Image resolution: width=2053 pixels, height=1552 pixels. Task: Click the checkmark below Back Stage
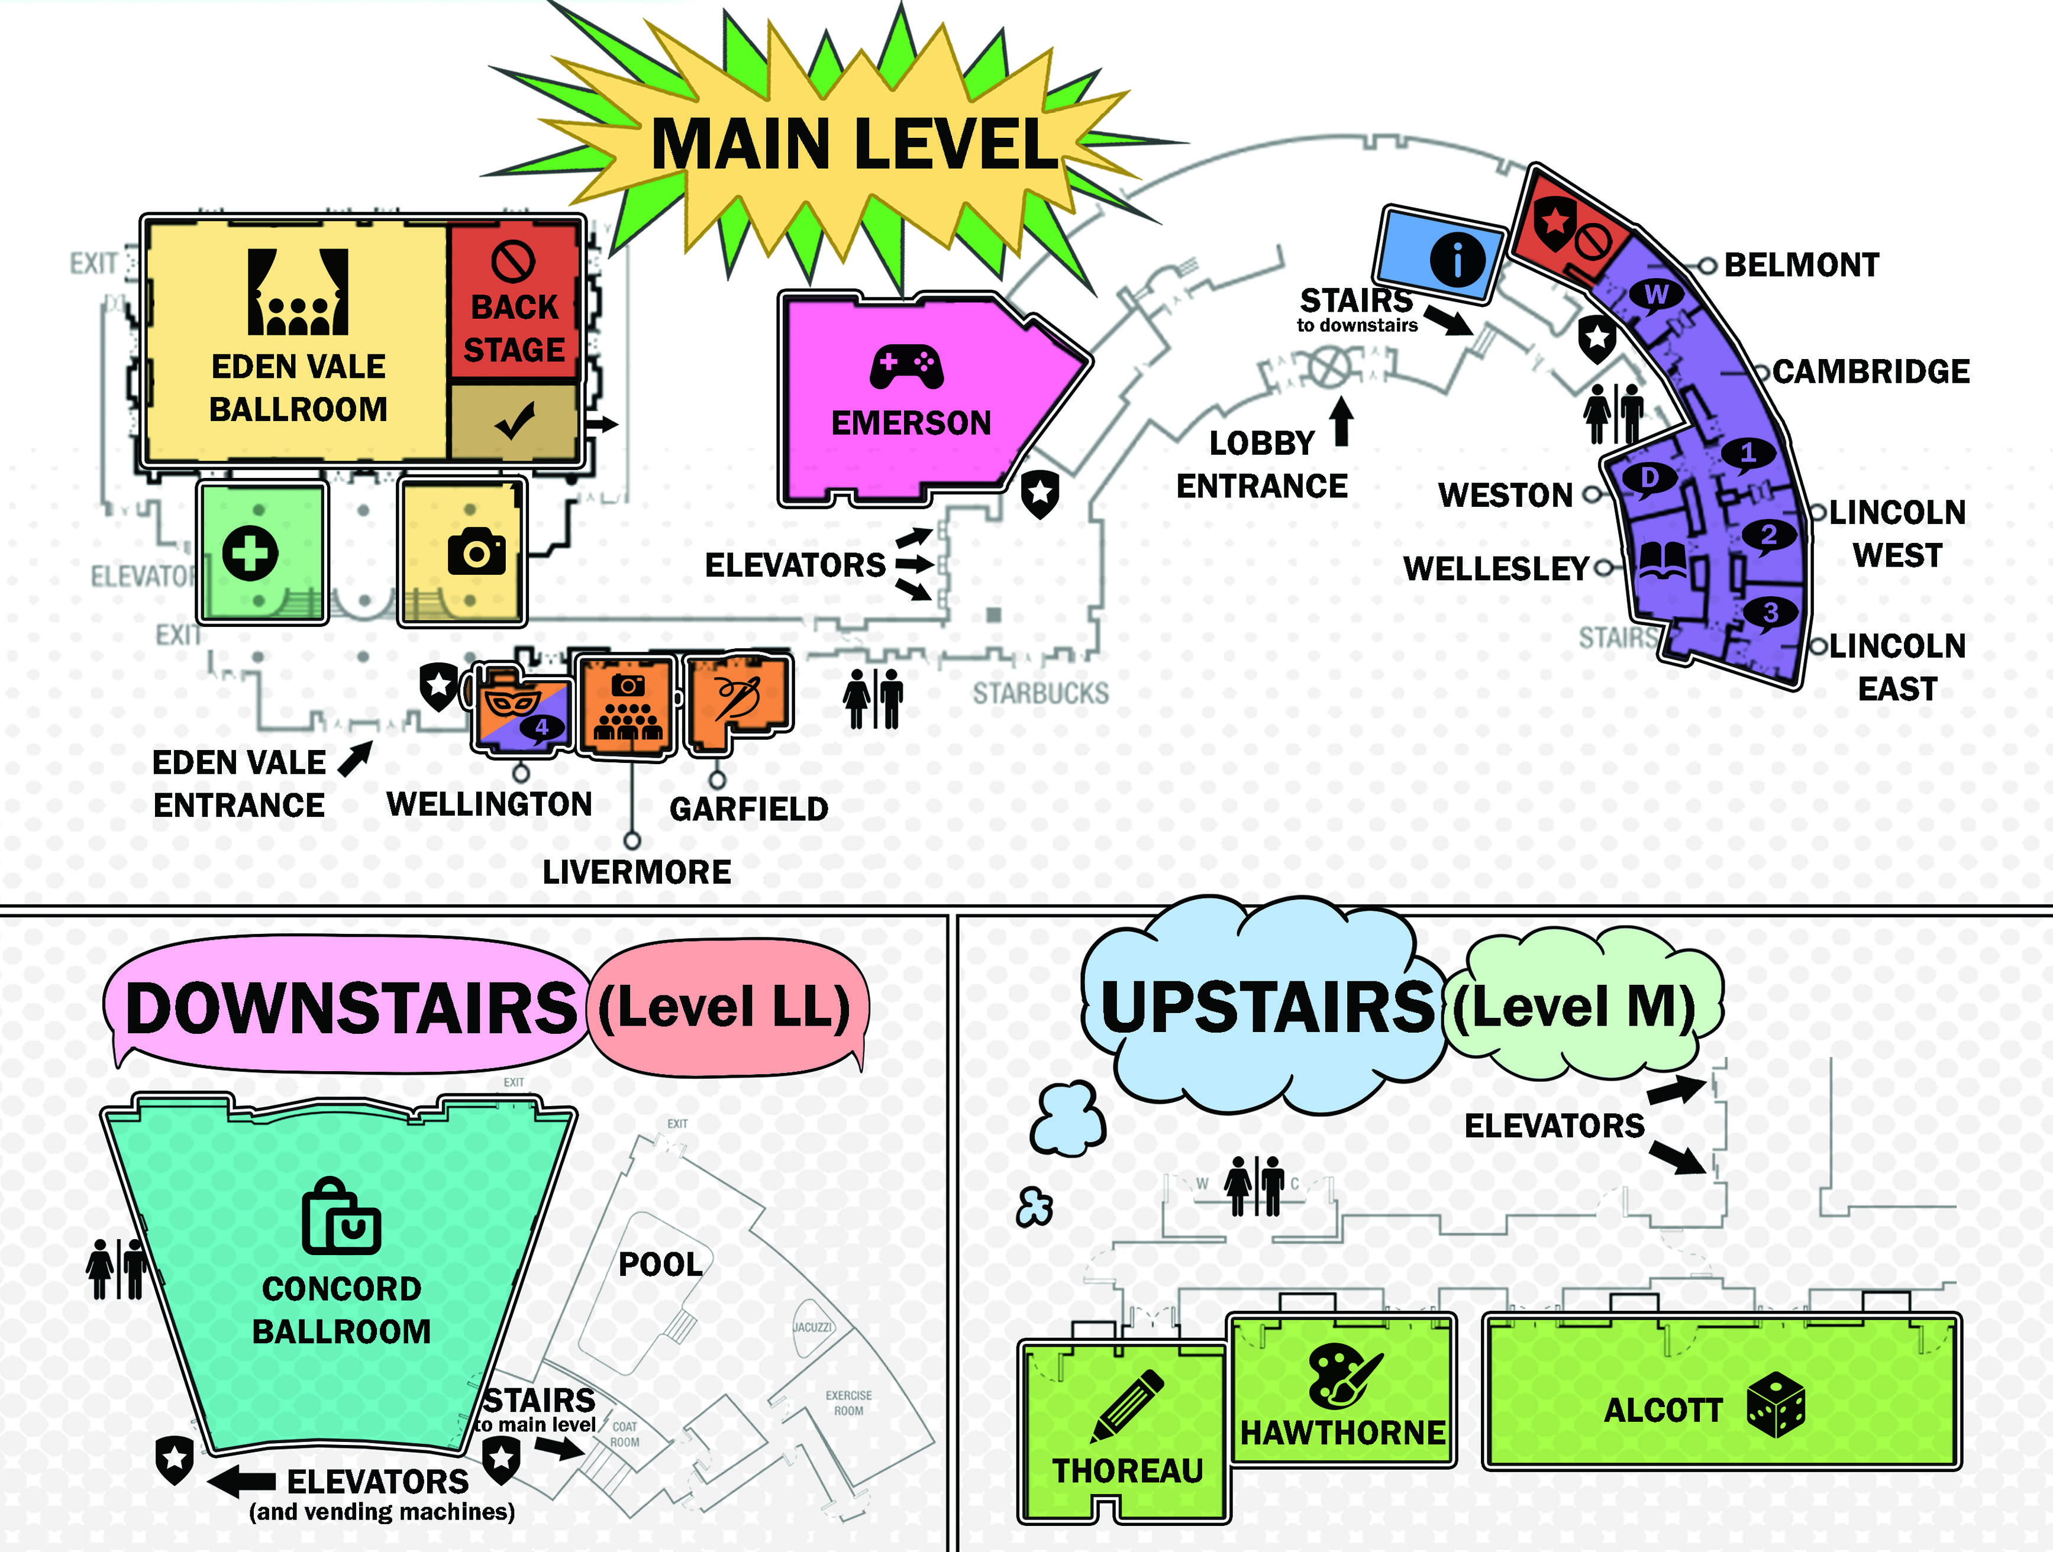pyautogui.click(x=514, y=421)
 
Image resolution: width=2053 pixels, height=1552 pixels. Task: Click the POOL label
pyautogui.click(x=660, y=1263)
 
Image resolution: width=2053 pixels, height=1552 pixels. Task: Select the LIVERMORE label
pyautogui.click(x=637, y=872)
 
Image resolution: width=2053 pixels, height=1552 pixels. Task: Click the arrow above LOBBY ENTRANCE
pyautogui.click(x=1341, y=422)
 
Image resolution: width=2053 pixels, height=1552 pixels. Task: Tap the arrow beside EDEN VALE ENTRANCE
pyautogui.click(x=354, y=758)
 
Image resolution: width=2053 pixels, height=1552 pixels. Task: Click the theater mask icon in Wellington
pyautogui.click(x=514, y=702)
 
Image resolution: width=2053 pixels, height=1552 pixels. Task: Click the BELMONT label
pyautogui.click(x=1800, y=266)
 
